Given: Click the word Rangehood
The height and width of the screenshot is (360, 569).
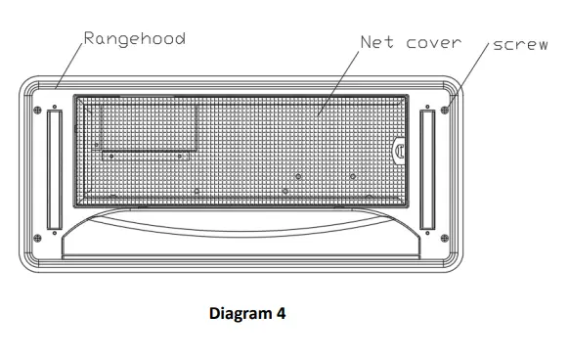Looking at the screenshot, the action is click(x=135, y=38).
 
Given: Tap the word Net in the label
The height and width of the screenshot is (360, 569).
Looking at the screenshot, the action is click(x=379, y=42).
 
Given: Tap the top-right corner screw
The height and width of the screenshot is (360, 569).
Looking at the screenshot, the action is click(x=446, y=109).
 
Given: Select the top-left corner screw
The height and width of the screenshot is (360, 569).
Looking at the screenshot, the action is click(x=37, y=108).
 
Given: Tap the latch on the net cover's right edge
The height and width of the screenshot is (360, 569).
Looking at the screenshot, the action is click(x=400, y=150).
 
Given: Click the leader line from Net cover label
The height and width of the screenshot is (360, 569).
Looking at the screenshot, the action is click(x=337, y=84).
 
